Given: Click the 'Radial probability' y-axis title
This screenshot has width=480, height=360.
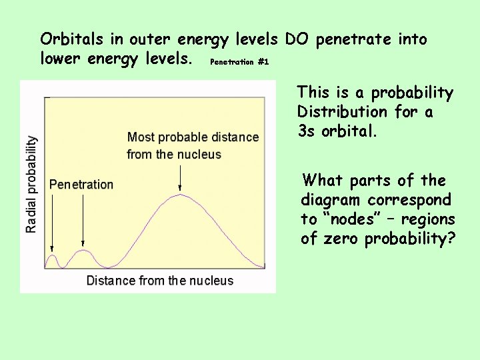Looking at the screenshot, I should coord(31,184).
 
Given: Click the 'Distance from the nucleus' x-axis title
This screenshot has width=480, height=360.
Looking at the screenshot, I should coord(160,281).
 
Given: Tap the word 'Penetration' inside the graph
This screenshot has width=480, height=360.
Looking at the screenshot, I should coord(81,185).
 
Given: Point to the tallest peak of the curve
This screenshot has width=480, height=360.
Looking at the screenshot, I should coord(180,195).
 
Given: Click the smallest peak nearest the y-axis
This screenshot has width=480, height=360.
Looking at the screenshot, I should coord(53,256).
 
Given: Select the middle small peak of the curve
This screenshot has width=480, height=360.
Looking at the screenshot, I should coord(83,251).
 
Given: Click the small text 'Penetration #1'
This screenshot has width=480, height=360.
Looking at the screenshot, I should coord(239,62).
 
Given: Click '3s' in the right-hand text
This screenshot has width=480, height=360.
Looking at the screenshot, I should coord(307,131).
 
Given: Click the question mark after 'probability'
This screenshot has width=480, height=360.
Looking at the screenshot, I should coord(452,239).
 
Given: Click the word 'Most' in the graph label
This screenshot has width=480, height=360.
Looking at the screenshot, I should coord(140,137).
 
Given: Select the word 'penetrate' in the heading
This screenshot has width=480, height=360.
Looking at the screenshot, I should coord(352,39).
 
